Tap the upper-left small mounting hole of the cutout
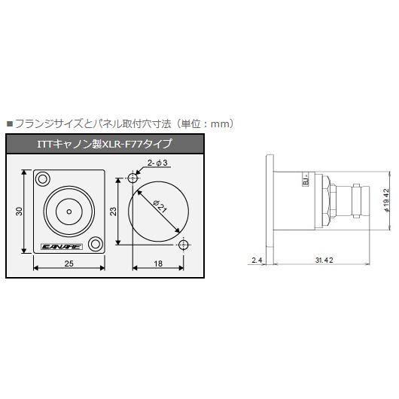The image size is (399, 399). [133, 178]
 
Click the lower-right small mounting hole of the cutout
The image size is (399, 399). [184, 245]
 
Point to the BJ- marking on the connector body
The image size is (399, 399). [305, 181]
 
